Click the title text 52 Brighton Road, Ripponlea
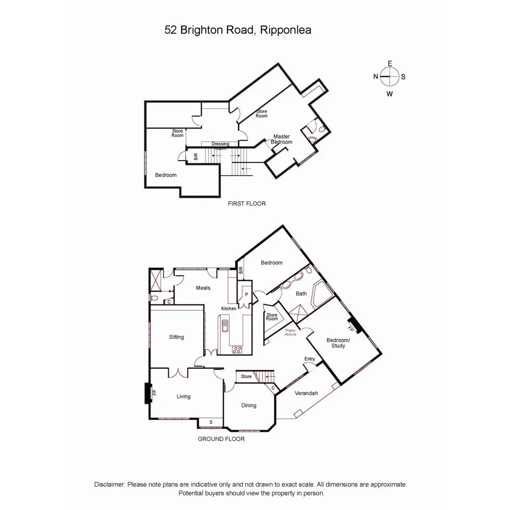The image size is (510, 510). pos(238,30)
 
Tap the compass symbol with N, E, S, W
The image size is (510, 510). pos(390,77)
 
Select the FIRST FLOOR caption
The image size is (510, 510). pos(246,204)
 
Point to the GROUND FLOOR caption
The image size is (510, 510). pos(221,439)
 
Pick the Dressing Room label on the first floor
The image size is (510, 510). pos(220,145)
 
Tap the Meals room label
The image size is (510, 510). pos(203,288)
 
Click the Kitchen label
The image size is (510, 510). pos(229,308)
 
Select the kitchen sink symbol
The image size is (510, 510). pos(225,326)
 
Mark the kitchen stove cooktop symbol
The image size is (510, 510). pos(237,350)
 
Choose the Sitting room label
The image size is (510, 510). pos(177,337)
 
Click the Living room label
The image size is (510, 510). pos(184,396)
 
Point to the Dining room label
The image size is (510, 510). pos(249,405)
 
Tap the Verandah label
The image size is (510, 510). pos(306,393)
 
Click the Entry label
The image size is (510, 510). pos(309,359)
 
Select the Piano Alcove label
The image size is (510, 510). pos(290,332)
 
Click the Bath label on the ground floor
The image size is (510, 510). pos(301,293)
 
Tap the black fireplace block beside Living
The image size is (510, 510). pos(147,393)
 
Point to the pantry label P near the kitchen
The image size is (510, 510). pos(246,294)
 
